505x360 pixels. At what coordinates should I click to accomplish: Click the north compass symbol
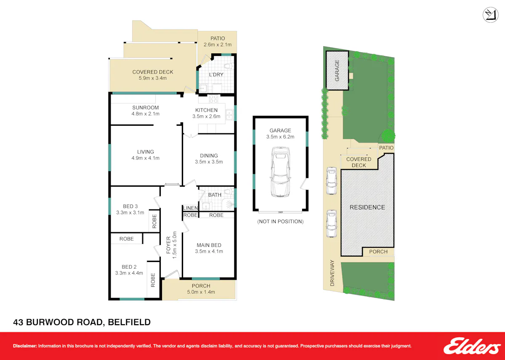coord(491,15)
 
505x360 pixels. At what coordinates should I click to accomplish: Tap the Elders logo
coord(472,346)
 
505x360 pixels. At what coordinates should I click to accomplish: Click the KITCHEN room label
coord(206,110)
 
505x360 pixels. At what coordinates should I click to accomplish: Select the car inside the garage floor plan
coord(280,172)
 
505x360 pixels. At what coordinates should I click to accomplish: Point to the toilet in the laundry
coord(229,66)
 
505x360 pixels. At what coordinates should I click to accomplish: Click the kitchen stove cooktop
coord(213,99)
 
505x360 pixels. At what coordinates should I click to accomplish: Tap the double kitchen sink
coord(229,114)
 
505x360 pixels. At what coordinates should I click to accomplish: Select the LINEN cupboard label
coord(191,208)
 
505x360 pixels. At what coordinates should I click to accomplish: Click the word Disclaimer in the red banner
coord(25,346)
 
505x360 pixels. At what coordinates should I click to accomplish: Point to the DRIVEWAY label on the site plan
coord(332,273)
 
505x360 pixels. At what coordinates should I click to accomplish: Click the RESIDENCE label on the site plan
coord(367,207)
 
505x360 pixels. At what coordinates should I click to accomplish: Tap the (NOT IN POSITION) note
coord(280,222)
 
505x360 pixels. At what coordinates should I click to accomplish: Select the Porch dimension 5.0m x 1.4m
coord(201,292)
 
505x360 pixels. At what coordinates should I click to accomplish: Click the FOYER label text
coord(168,245)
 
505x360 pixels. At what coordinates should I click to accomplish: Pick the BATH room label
coord(215,195)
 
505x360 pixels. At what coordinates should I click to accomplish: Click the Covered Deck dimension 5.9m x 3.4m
coord(153,78)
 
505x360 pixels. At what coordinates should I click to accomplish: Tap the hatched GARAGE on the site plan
coord(337,70)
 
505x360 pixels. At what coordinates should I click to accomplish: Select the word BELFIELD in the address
coord(129,322)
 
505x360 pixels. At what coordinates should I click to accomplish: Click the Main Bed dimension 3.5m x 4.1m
coord(209,251)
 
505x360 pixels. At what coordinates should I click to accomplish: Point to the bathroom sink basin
coord(206,206)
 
